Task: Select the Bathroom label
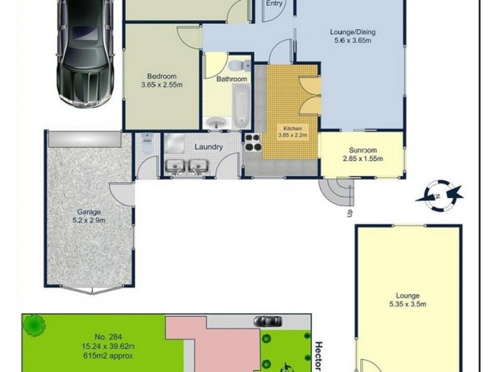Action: point(232,79)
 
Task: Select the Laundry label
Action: point(208,148)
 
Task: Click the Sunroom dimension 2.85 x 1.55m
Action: point(363,158)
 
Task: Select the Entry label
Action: point(274,4)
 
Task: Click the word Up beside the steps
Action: point(350,214)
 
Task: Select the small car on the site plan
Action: point(267,320)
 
